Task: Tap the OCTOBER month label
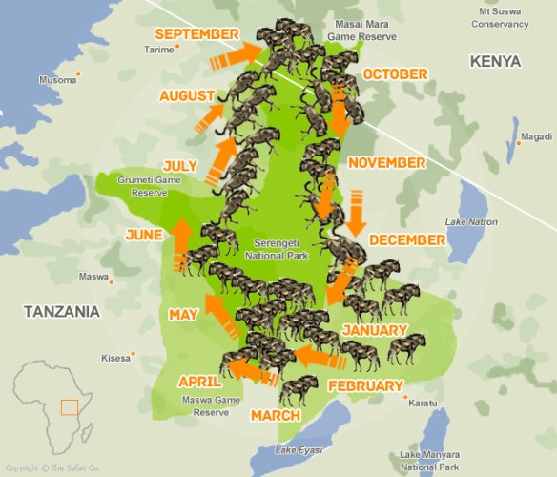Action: pyautogui.click(x=395, y=73)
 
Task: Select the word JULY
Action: pyautogui.click(x=179, y=165)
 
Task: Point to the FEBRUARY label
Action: pyautogui.click(x=365, y=386)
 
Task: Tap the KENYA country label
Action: pyautogui.click(x=495, y=61)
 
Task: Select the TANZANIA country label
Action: pyautogui.click(x=62, y=312)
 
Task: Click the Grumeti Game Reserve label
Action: pyautogui.click(x=142, y=186)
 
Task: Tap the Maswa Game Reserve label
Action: pyautogui.click(x=212, y=406)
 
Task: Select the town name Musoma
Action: pyautogui.click(x=57, y=80)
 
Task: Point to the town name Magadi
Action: pyautogui.click(x=536, y=136)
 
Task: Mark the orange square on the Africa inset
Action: pyautogui.click(x=69, y=407)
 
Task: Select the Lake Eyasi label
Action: pyautogui.click(x=294, y=449)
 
